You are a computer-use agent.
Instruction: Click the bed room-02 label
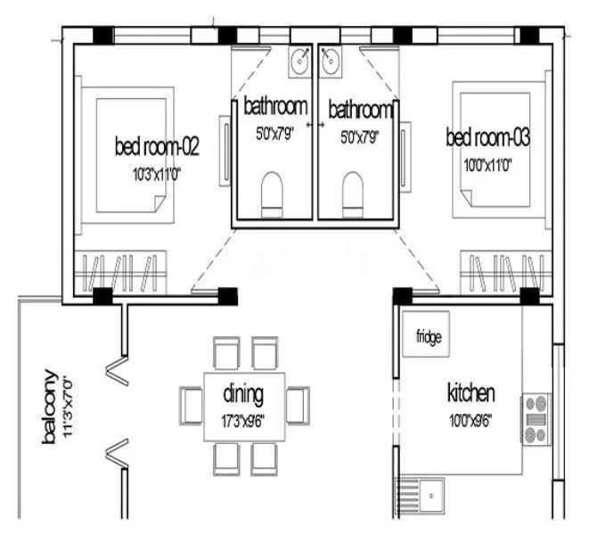tap(155, 144)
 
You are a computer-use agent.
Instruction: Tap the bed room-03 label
tap(487, 137)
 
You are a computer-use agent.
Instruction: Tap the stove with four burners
tap(536, 419)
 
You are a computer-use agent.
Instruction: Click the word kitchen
tap(470, 393)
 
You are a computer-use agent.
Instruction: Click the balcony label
tap(50, 408)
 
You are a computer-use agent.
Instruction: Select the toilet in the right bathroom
tap(353, 192)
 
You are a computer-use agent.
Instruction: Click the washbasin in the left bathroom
tap(299, 62)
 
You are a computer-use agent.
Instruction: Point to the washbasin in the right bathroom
tap(330, 62)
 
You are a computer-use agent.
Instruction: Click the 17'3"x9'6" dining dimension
tap(244, 414)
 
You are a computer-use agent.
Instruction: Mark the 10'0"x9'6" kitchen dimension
tap(470, 416)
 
